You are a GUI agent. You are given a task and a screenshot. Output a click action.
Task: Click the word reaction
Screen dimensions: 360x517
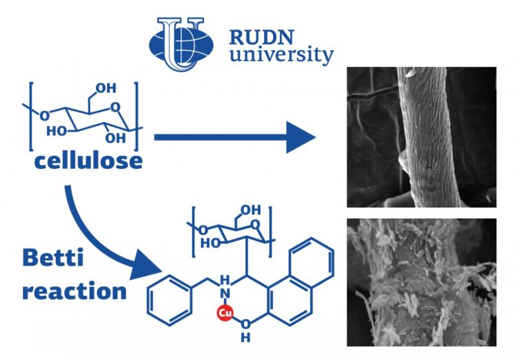pos(74,290)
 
